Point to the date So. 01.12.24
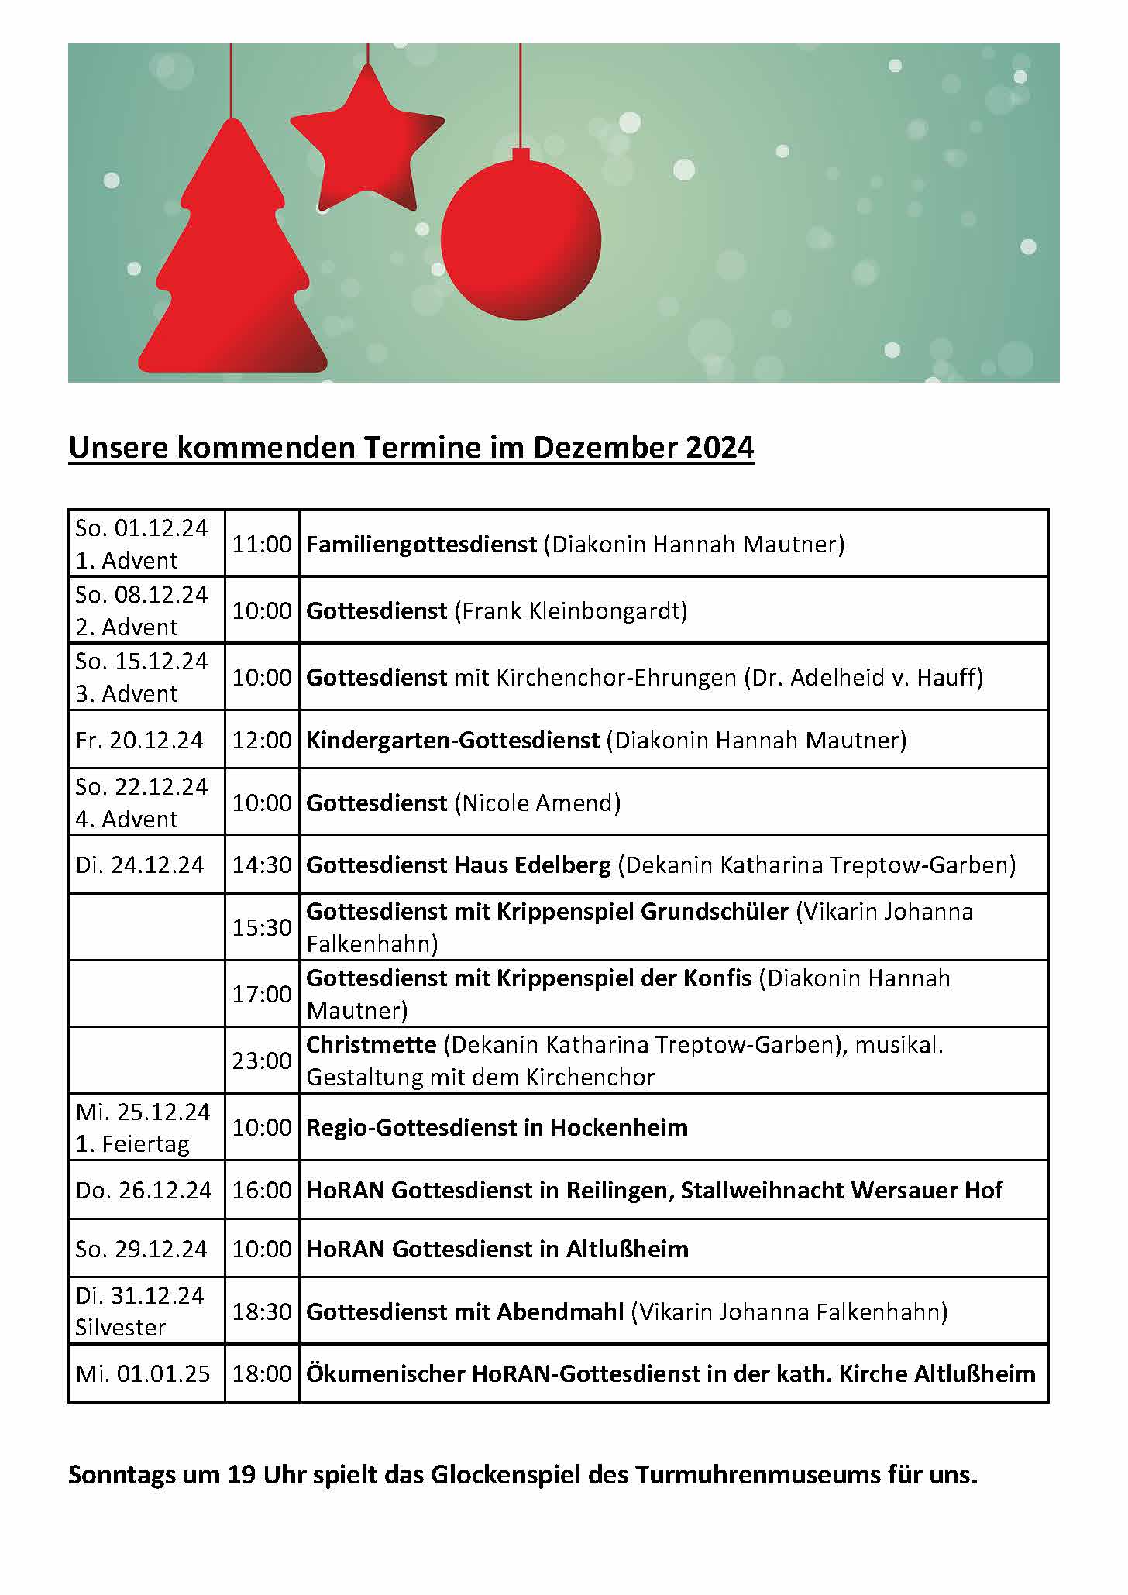pos(142,528)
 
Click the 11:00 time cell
pos(262,544)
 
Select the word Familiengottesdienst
pos(421,544)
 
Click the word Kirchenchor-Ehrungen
pos(616,677)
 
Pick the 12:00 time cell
pos(262,740)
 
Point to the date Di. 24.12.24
pos(139,865)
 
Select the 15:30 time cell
pos(262,927)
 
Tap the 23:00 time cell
pos(262,1060)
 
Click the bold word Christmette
pos(371,1044)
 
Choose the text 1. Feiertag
pos(132,1144)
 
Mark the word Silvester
pos(121,1328)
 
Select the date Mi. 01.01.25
pos(143,1373)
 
